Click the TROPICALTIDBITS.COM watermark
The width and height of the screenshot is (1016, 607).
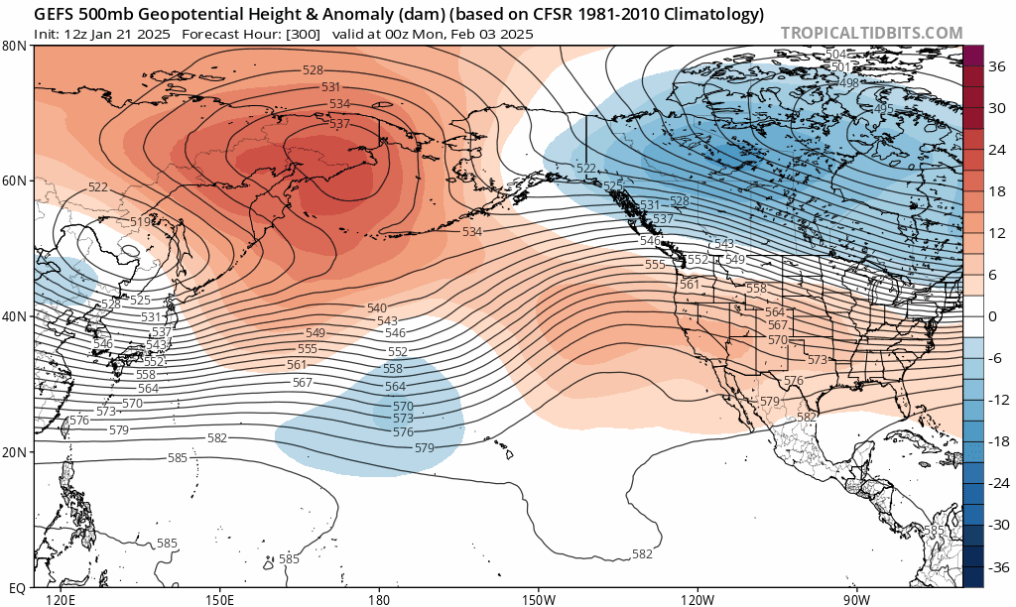[871, 33]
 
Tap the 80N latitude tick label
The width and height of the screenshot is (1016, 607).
[14, 46]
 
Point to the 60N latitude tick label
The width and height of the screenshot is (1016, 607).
[14, 181]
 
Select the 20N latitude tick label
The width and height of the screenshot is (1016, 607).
[14, 452]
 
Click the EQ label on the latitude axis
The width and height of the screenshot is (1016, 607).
[16, 587]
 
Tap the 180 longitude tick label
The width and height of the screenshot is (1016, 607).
[378, 599]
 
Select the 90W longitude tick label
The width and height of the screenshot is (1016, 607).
[856, 599]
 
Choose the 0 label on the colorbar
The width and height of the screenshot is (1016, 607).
[992, 316]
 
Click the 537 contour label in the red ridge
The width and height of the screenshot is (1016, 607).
[339, 124]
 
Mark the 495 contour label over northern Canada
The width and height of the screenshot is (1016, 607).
[883, 108]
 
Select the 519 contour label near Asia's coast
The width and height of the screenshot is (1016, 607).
[140, 222]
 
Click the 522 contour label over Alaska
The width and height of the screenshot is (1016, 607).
[586, 169]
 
